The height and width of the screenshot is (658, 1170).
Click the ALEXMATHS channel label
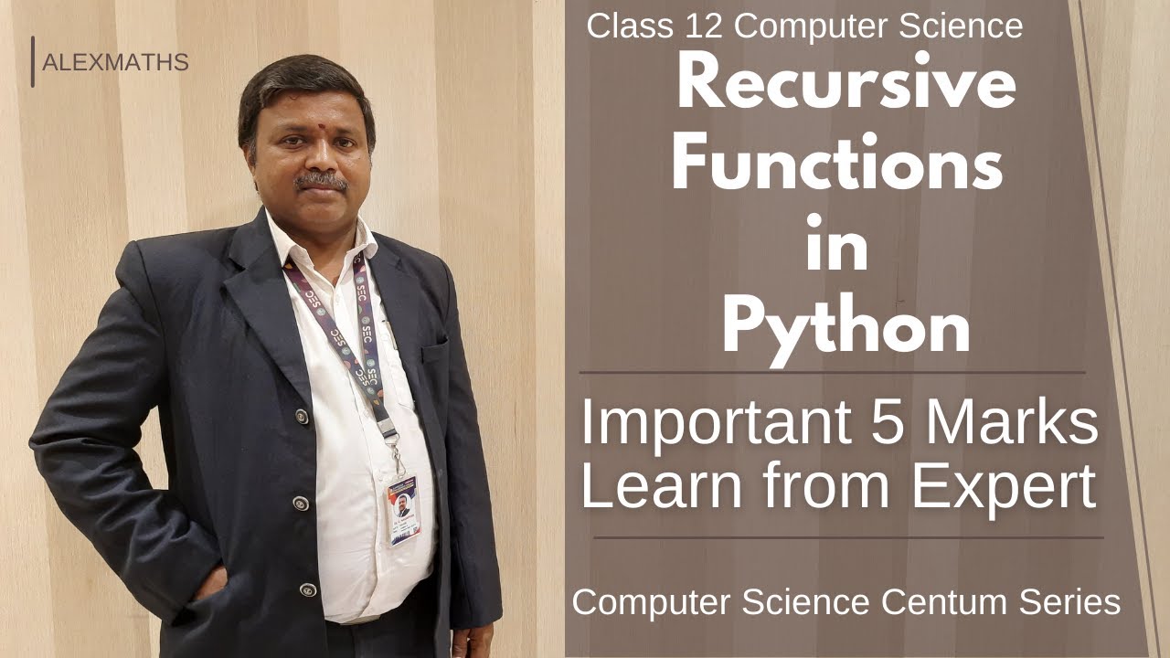click(x=115, y=63)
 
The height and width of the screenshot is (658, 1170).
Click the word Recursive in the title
click(x=846, y=84)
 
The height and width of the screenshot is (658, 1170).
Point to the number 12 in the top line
click(x=705, y=27)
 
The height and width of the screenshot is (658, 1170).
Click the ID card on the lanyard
click(x=402, y=507)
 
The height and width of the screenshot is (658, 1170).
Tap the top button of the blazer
click(x=301, y=416)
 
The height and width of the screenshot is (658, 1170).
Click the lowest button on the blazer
click(x=307, y=589)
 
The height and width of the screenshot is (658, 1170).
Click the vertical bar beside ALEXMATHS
click(x=33, y=62)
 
